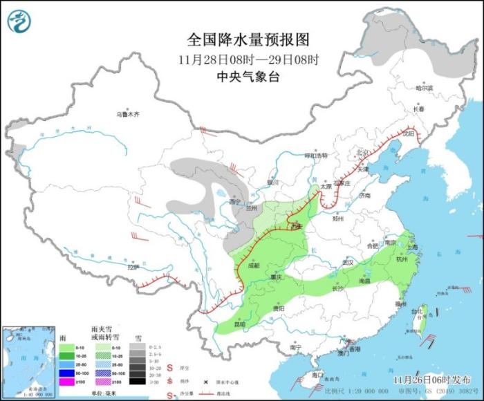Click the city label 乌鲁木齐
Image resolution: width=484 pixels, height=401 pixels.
[x=128, y=114]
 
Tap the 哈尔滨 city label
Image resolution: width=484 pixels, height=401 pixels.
[x=424, y=88]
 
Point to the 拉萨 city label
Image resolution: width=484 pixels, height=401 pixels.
[x=133, y=266]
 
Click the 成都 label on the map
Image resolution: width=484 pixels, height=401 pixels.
[x=252, y=265]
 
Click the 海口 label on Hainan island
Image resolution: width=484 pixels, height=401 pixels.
[x=317, y=374]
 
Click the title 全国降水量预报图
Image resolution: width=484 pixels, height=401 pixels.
[x=248, y=39]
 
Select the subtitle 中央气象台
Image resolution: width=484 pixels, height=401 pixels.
[x=248, y=77]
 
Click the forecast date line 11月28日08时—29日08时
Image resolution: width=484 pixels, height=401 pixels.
[x=248, y=59]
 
